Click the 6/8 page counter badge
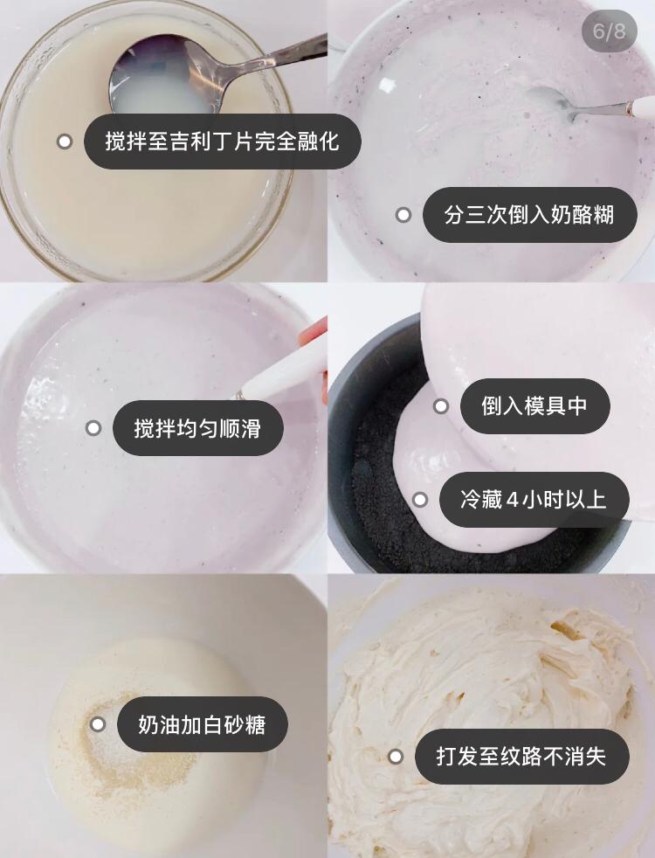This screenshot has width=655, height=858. (609, 31)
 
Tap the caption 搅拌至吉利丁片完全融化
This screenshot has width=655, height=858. (223, 142)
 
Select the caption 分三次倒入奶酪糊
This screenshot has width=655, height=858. (530, 215)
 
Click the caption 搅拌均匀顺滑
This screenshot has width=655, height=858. (198, 428)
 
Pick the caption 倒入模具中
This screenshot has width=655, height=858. (534, 406)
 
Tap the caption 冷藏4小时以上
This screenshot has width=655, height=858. (534, 500)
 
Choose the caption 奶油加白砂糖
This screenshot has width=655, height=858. (203, 724)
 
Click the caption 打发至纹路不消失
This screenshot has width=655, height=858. (522, 757)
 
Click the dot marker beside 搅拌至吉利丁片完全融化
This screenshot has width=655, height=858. (65, 142)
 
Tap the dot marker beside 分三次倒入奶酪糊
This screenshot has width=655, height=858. (403, 215)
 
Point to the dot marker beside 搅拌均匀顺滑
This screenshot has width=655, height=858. (93, 428)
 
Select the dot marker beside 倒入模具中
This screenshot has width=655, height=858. (441, 406)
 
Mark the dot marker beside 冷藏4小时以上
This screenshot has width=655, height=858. (420, 500)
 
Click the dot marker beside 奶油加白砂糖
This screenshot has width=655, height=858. (98, 724)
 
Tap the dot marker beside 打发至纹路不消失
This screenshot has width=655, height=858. (396, 757)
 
